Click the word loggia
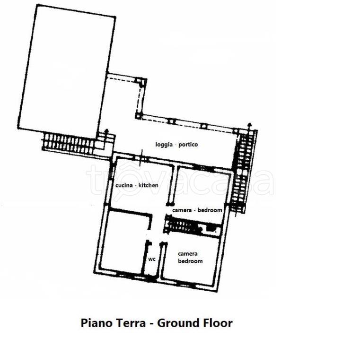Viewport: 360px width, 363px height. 164,145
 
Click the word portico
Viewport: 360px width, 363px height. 188,145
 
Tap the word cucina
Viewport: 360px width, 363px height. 124,185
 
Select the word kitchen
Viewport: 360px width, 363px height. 148,185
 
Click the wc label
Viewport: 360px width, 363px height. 152,259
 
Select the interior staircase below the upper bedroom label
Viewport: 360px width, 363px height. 183,226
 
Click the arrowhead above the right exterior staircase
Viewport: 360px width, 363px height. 249,125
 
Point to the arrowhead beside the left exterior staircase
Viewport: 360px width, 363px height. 106,131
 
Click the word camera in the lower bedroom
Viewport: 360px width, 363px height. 188,254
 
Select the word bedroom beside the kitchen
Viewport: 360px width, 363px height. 210,210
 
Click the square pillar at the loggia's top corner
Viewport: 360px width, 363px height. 141,81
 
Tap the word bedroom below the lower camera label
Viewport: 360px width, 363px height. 190,261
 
